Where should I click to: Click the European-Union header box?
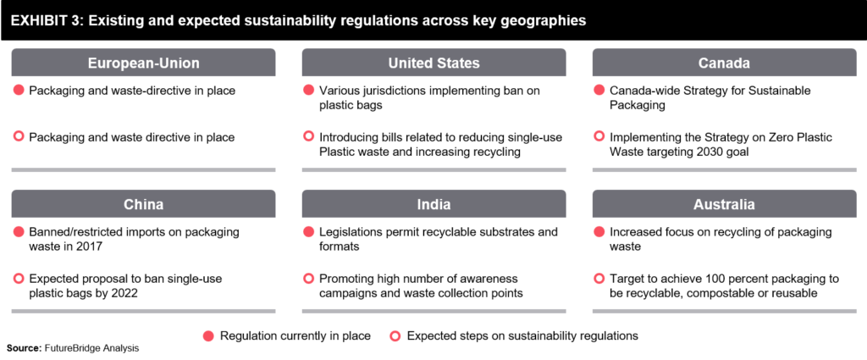(x=143, y=63)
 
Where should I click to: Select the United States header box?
(x=433, y=63)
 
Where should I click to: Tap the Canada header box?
(x=724, y=63)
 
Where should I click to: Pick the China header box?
(x=143, y=204)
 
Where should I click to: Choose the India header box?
(x=433, y=204)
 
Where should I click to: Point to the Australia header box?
(x=724, y=204)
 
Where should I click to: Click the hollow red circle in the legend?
(x=395, y=335)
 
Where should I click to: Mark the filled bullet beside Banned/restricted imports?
(x=19, y=231)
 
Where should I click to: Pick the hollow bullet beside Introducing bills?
(x=309, y=136)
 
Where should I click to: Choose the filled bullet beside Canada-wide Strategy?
(x=599, y=90)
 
